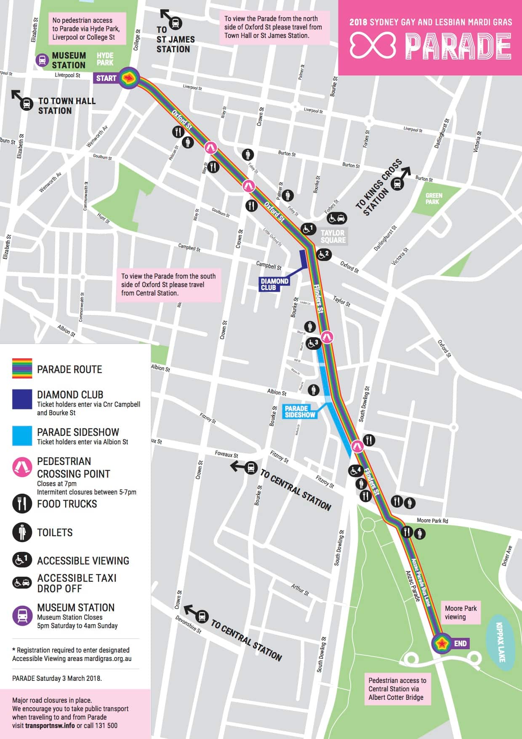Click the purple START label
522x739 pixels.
coord(106,78)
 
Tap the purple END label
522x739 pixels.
coord(460,643)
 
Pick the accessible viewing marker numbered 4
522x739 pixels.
coord(355,470)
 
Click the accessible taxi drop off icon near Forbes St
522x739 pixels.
coord(337,218)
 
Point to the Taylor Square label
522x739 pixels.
coord(333,236)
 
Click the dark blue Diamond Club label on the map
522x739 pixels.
coord(274,284)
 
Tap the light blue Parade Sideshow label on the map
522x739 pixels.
coord(300,411)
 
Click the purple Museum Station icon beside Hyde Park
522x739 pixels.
coord(42,60)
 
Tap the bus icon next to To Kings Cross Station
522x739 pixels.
coord(397,184)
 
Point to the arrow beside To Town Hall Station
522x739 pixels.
coord(16,95)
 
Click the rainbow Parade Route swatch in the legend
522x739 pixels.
coord(22,368)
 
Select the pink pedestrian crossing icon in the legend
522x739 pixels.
coord(22,467)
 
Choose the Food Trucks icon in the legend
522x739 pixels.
coord(22,503)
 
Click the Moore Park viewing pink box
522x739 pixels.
coord(461,613)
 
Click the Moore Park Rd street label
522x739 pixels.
coord(432,521)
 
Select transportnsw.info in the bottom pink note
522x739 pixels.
coord(50,726)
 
